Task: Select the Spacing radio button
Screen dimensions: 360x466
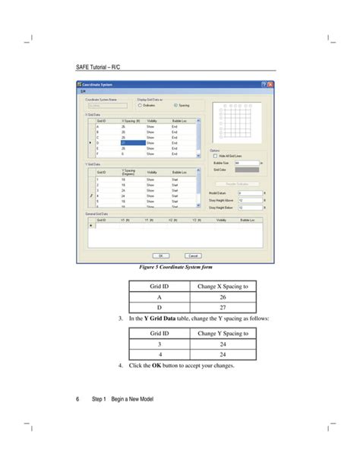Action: (175, 105)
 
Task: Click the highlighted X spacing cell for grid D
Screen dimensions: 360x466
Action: (133, 142)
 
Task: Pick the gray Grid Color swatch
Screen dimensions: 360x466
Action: (248, 170)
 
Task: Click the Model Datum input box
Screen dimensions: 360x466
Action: (248, 192)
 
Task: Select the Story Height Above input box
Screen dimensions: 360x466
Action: (248, 198)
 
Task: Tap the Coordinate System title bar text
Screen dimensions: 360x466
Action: (98, 84)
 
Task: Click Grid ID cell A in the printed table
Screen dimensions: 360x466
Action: (159, 298)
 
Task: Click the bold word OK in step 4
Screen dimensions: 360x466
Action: (156, 366)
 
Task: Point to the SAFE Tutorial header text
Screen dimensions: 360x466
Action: (99, 68)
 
